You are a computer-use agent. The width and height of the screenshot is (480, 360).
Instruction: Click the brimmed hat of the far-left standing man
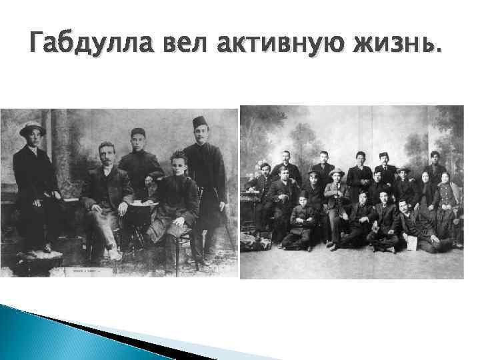tap(32, 128)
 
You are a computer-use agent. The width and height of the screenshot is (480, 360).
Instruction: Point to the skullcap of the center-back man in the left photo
tap(138, 131)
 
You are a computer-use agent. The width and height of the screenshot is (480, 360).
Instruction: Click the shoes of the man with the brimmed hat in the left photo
tap(33, 254)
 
